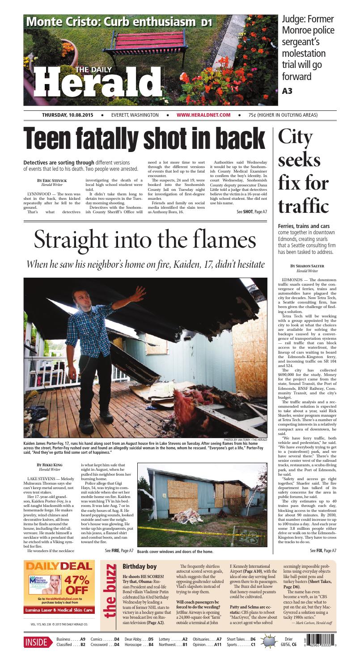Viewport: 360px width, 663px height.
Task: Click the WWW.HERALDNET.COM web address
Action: click(203, 115)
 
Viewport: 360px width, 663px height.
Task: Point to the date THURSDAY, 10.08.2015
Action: click(68, 115)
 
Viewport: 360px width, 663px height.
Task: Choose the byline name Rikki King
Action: click(50, 465)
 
